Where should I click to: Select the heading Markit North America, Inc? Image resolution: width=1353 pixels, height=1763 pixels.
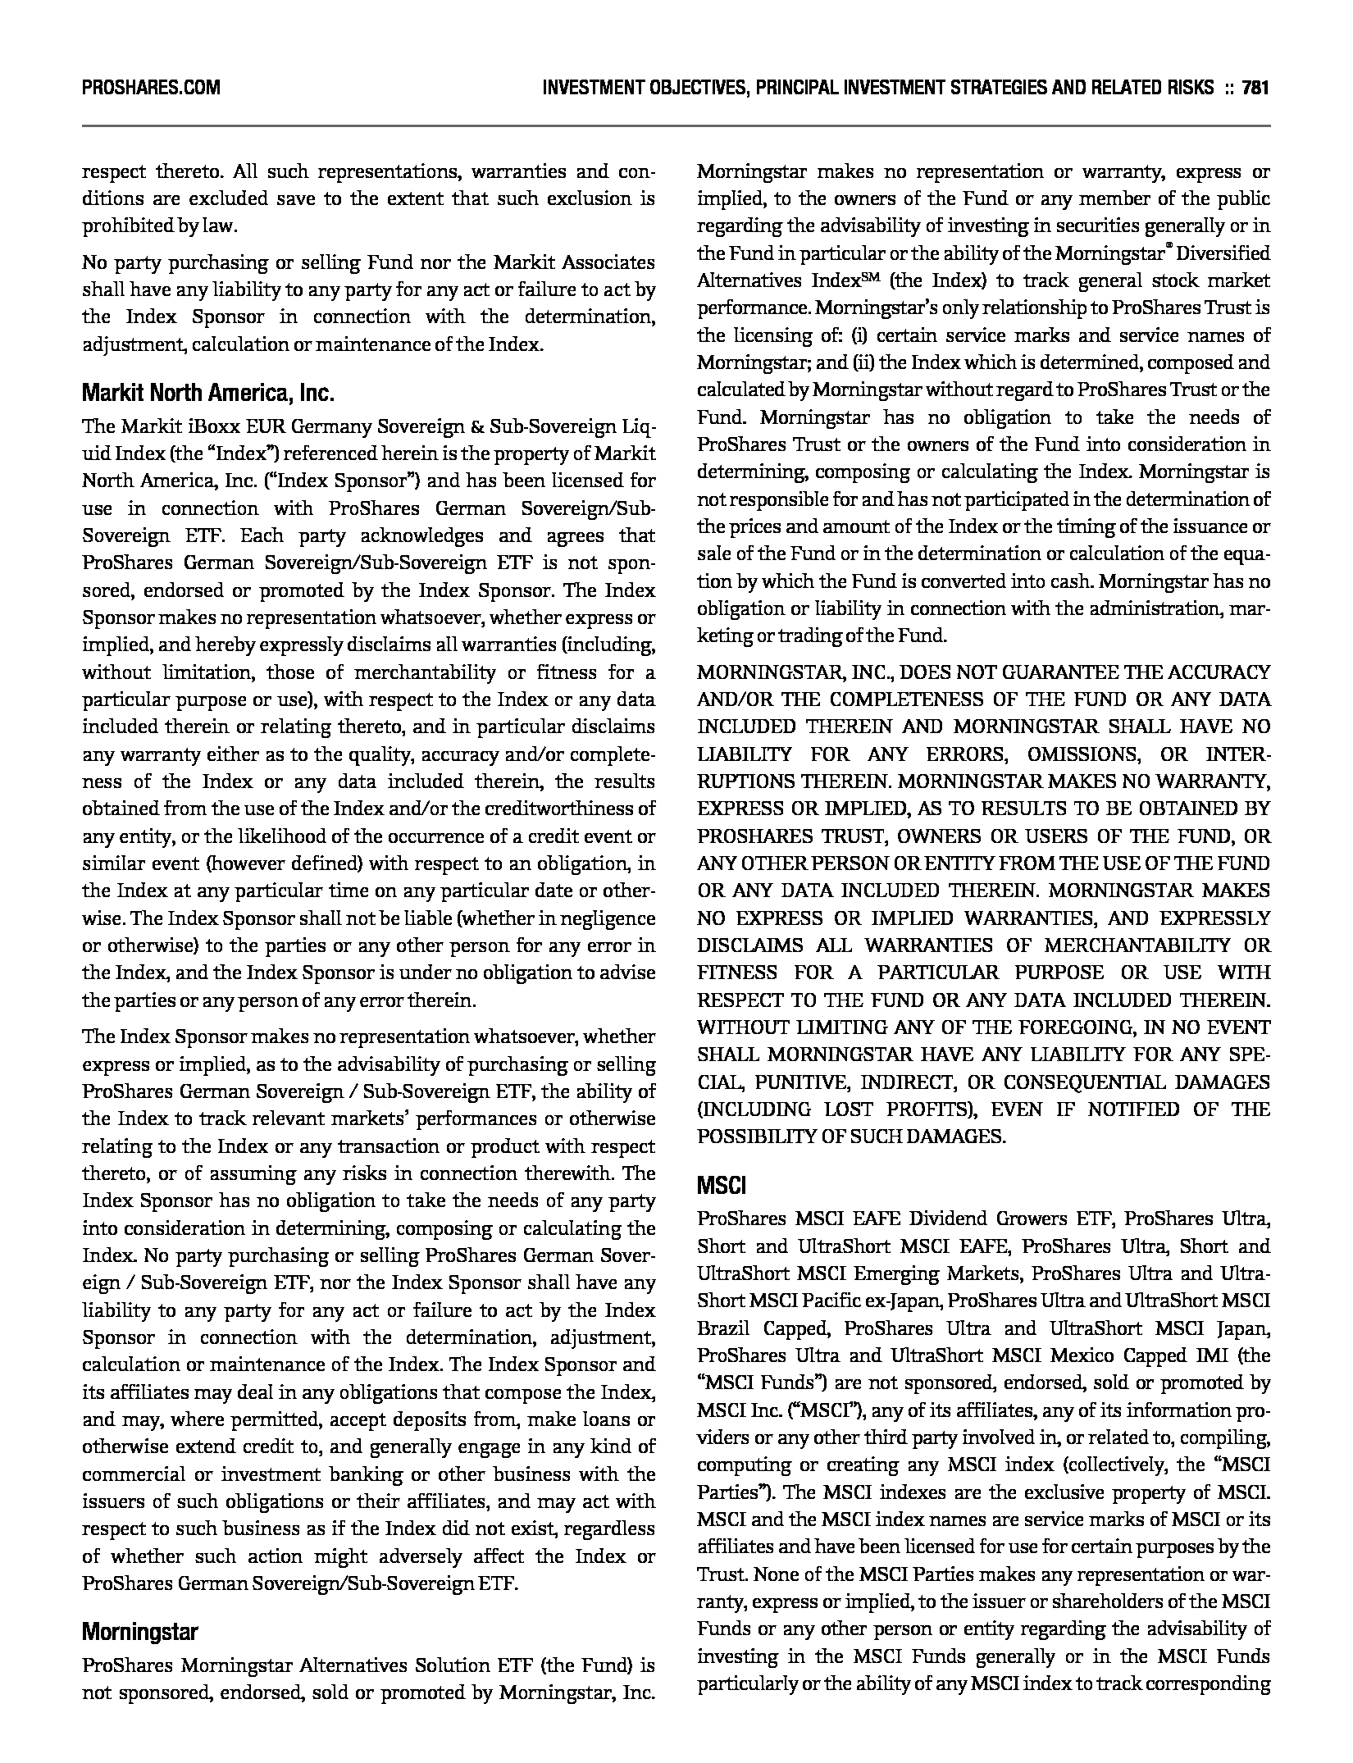208,394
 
